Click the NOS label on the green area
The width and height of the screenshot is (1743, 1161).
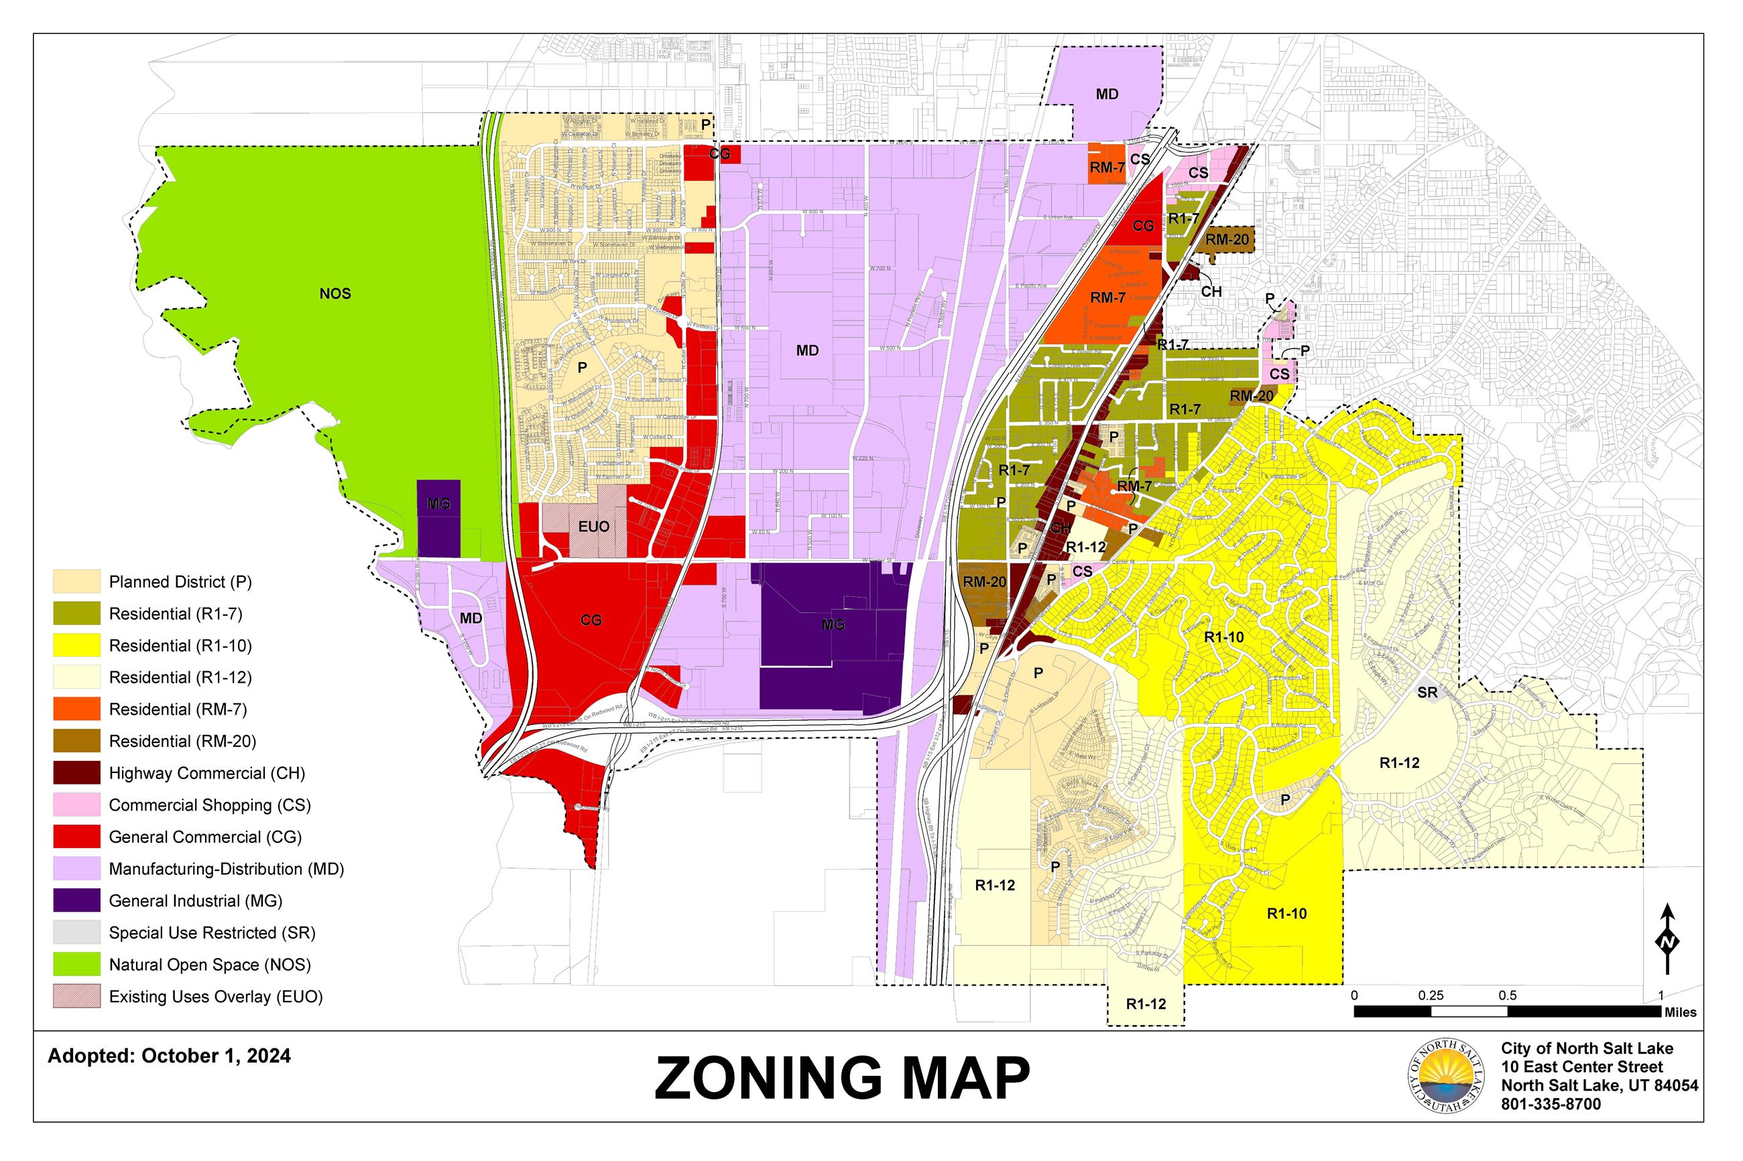point(335,294)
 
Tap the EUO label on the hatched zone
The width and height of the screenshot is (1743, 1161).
point(593,527)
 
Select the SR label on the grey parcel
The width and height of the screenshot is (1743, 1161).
point(1427,692)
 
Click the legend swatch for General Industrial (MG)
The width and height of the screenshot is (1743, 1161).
point(76,900)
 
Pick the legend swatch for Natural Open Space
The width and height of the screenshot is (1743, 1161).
point(76,964)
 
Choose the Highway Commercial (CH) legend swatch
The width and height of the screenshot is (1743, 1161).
point(76,773)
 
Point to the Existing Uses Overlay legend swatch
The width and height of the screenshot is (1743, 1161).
point(76,996)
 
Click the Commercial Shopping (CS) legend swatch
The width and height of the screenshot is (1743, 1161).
point(76,805)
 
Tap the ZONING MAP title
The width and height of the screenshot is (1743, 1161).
point(841,1078)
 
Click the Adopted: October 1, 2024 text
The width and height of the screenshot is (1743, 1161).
point(169,1056)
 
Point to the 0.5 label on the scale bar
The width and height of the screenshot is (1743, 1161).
point(1507,995)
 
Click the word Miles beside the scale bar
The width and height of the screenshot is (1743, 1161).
point(1680,1012)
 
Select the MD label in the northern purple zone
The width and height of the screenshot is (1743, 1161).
point(1107,94)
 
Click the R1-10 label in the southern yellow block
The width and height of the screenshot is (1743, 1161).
point(1286,914)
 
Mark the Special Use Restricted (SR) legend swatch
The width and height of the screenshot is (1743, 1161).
point(76,932)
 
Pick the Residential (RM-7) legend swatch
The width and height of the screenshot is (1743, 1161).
point(76,709)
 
